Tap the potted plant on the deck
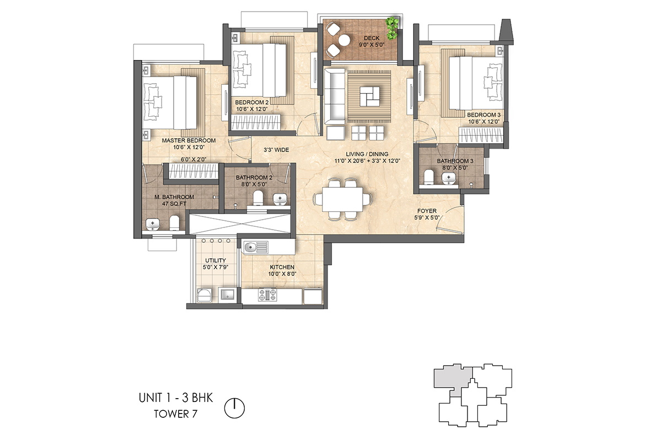(392, 28)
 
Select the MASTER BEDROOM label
(189, 140)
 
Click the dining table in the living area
(341, 199)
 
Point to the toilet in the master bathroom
(174, 222)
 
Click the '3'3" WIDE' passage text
(276, 150)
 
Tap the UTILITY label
(215, 260)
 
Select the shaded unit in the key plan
(450, 379)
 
